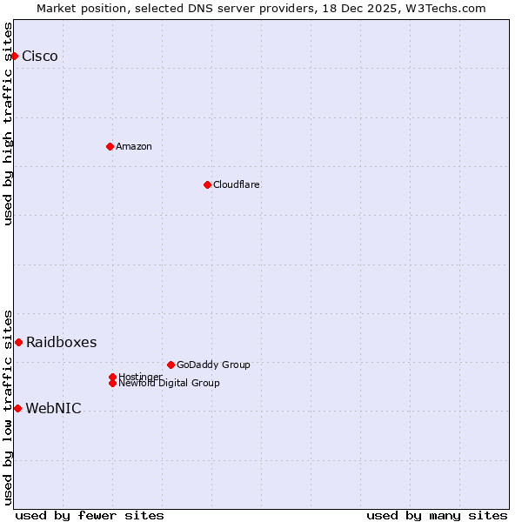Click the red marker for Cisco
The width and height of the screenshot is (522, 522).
click(x=14, y=56)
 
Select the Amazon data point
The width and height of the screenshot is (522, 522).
click(x=110, y=146)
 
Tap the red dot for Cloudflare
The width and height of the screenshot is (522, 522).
click(x=207, y=184)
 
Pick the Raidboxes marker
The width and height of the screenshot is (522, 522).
click(x=18, y=342)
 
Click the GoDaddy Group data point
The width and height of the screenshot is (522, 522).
click(x=171, y=365)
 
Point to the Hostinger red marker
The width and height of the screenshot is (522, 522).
click(x=112, y=377)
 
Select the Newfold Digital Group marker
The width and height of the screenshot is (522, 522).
click(x=112, y=383)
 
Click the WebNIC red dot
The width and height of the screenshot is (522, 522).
click(x=17, y=408)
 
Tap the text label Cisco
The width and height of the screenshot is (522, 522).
click(x=40, y=57)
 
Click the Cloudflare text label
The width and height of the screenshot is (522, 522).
click(x=236, y=184)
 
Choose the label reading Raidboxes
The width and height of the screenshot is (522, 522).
click(x=61, y=343)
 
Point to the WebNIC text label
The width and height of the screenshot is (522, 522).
click(x=53, y=409)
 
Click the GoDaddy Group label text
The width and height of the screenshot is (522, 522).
click(x=213, y=365)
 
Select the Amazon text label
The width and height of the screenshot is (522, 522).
click(x=133, y=146)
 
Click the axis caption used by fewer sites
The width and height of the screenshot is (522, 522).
click(x=90, y=515)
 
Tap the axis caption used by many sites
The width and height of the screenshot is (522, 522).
click(x=437, y=515)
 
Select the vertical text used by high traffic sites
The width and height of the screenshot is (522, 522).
click(x=8, y=124)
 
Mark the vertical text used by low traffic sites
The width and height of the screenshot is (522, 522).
click(x=8, y=406)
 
